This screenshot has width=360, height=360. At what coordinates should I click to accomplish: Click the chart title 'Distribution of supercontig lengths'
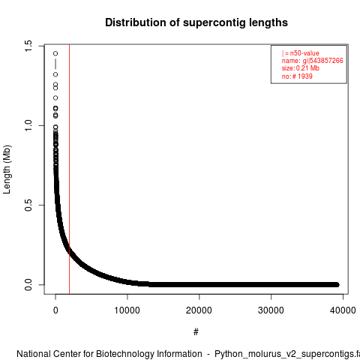point(196,22)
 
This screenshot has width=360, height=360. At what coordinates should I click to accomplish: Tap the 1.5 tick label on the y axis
point(28,46)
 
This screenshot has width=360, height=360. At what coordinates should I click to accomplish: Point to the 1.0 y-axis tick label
point(28,125)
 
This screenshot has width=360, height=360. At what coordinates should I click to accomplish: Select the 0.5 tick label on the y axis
point(28,205)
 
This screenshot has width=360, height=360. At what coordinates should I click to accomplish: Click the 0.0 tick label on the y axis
point(28,284)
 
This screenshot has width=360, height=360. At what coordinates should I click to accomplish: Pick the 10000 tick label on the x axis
point(127,310)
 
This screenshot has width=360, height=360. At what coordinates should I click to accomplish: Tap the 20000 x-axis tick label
point(199,310)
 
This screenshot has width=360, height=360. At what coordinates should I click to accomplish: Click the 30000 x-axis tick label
point(271,310)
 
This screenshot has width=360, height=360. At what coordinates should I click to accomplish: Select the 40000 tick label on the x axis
point(343,310)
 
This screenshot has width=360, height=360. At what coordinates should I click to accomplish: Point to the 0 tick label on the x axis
point(55,310)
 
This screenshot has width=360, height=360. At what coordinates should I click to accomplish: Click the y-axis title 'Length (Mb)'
point(7,169)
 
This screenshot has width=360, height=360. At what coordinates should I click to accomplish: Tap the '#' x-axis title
point(196,332)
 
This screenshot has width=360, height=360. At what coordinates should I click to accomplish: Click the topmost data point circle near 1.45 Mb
point(55,53)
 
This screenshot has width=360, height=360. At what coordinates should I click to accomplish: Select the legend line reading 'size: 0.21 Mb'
point(301,68)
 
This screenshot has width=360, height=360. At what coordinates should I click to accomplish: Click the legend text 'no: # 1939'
point(297,76)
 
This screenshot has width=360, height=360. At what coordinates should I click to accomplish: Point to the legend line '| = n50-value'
point(301,53)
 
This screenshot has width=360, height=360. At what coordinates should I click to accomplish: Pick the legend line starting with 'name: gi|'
point(313,61)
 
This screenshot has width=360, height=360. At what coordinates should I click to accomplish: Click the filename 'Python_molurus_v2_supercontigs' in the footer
point(284,355)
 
